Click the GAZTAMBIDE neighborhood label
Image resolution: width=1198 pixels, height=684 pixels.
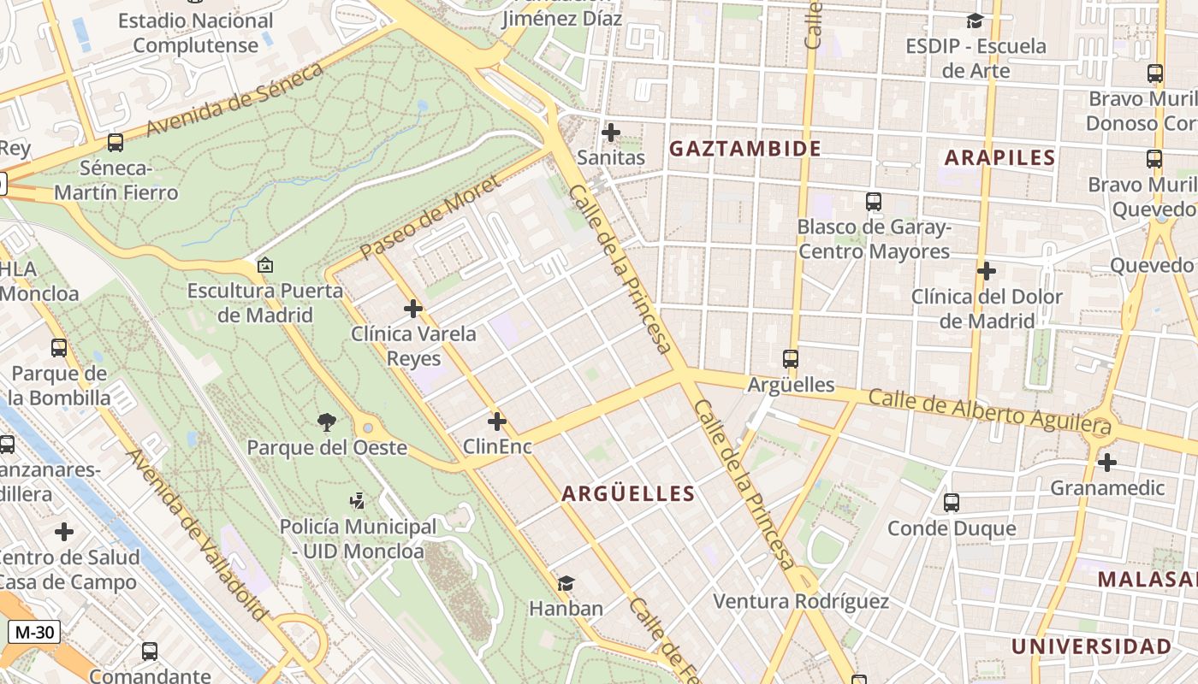744,149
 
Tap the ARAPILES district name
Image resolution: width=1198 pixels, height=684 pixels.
999,157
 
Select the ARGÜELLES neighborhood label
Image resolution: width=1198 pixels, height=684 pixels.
628,493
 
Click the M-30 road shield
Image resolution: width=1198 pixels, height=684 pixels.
34,633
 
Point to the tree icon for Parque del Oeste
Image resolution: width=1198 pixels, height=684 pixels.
326,421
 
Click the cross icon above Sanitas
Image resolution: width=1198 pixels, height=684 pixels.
611,133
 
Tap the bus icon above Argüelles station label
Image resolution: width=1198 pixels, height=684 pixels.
791,359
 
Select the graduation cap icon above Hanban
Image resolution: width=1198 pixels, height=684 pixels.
566,583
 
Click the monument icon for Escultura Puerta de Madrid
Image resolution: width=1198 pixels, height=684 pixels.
265,266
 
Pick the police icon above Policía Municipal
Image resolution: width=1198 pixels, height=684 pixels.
358,501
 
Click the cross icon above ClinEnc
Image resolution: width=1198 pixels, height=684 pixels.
497,422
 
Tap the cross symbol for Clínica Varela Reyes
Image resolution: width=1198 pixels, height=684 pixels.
413,308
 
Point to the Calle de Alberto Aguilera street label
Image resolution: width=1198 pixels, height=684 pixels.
989,411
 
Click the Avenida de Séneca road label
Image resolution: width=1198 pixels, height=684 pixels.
234,99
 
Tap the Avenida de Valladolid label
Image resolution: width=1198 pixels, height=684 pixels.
198,534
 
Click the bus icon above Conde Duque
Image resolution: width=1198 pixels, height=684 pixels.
952,503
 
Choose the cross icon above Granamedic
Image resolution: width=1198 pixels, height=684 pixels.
1107,463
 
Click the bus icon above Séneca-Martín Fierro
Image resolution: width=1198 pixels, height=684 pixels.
116,142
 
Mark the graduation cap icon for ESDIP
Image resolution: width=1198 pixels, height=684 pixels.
975,21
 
